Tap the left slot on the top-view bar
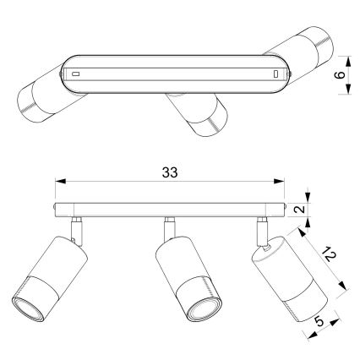tap(77, 74)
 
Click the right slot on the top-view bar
tap(276, 75)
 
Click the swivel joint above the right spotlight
tap(261, 230)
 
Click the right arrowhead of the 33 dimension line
tap(282, 180)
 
